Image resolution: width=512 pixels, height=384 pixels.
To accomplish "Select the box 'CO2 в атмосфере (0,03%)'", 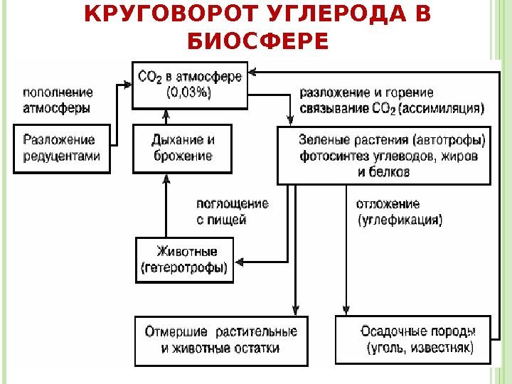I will click(190, 85).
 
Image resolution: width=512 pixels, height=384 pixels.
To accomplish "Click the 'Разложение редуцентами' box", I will click(62, 148).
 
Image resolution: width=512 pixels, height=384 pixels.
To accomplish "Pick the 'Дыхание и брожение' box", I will click(183, 148).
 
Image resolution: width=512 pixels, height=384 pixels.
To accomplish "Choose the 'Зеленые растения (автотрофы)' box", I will click(383, 155).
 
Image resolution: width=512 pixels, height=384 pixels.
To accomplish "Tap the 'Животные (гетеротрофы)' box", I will click(185, 260).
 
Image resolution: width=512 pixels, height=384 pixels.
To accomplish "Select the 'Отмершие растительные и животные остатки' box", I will click(221, 340).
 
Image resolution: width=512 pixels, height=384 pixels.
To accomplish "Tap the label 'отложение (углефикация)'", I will click(398, 212).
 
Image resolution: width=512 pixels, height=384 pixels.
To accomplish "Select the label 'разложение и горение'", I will click(367, 92).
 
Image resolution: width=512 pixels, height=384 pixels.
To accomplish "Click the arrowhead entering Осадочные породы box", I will click(346, 311).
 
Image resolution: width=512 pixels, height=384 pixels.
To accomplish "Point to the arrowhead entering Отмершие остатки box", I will click(294, 311).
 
